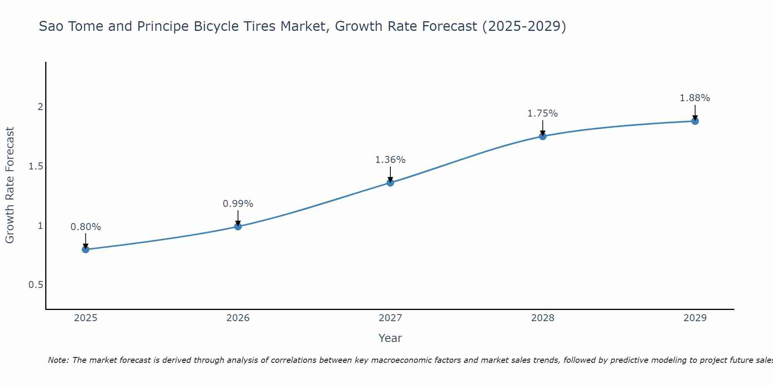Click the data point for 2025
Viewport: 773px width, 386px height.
point(85,249)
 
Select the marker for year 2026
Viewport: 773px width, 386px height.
point(238,226)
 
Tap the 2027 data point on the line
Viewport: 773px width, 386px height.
point(390,183)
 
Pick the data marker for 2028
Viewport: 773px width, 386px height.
point(543,136)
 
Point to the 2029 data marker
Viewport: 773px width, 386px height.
point(695,121)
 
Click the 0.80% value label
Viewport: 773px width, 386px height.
point(85,227)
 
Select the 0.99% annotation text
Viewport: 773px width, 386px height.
point(238,204)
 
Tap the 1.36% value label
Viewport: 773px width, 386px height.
point(390,160)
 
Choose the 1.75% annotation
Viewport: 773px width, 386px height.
point(543,113)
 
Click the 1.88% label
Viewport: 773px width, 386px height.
point(695,98)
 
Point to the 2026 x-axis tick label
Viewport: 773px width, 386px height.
point(238,318)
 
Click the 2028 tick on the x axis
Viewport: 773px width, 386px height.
point(543,318)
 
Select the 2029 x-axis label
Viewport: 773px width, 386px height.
point(695,318)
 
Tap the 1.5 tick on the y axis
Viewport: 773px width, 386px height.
point(36,166)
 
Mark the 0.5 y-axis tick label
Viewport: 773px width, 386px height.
point(36,285)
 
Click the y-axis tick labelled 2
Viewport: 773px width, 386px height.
point(40,107)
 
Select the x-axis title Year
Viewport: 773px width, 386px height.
point(390,338)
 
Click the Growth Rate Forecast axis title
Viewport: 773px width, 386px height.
point(10,185)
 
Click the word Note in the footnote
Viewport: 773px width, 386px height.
point(58,360)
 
